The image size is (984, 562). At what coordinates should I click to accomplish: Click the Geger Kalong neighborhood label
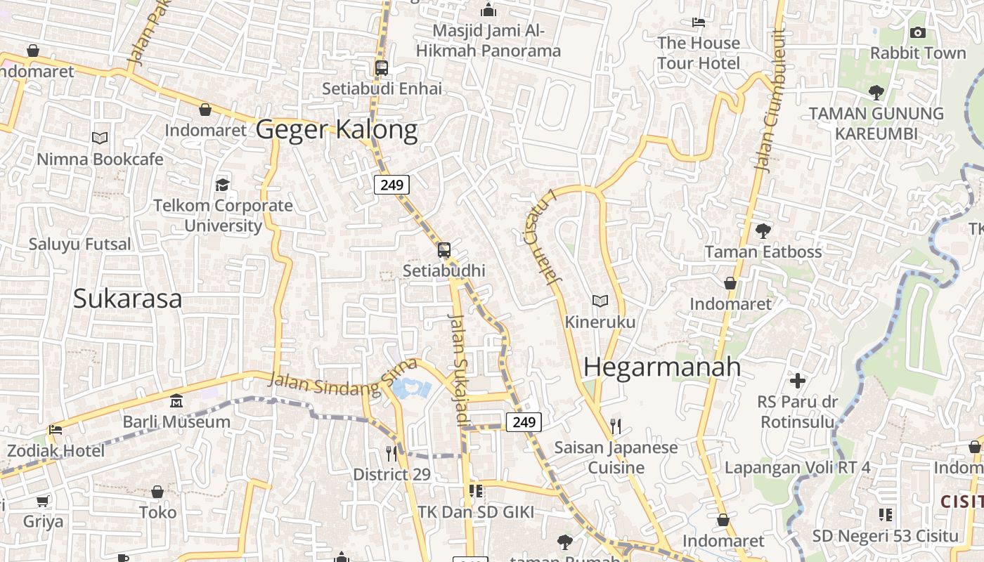336,130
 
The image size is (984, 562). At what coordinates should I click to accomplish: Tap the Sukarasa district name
127,299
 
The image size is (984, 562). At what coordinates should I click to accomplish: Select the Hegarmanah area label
662,367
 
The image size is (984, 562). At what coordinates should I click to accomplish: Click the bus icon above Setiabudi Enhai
382,68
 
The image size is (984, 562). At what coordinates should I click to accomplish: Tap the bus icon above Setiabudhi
444,250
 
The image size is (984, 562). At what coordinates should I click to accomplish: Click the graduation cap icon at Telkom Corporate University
223,185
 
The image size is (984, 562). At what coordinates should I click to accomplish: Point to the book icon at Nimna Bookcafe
100,138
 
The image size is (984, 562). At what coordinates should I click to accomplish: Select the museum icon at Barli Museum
176,401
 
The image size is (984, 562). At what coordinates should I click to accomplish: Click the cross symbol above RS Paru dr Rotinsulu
798,381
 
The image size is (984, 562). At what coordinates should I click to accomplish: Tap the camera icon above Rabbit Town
917,32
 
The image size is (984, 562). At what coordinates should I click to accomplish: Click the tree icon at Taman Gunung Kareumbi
876,92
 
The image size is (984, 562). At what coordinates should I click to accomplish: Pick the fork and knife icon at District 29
391,454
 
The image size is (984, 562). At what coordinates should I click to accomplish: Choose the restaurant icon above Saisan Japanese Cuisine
616,426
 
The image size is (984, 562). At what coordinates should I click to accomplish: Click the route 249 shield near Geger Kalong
391,185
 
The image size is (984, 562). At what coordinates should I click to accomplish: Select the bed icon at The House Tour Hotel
698,22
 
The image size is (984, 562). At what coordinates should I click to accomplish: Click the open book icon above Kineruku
600,301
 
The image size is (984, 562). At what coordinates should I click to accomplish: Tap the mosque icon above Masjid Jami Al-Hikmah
488,10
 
